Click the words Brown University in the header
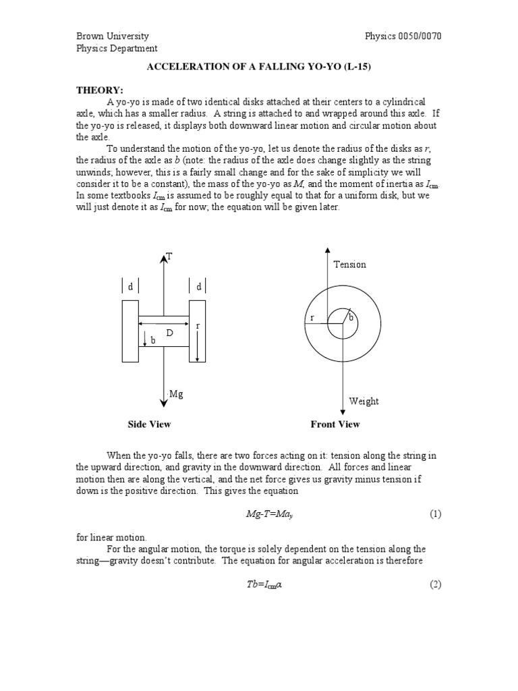(x=113, y=36)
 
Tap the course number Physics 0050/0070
(x=403, y=36)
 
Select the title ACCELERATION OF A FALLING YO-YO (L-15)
(x=259, y=67)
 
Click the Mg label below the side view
(x=176, y=394)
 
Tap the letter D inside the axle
(x=170, y=333)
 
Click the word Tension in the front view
(x=350, y=265)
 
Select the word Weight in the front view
(x=364, y=402)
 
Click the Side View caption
(x=149, y=424)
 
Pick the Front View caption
(x=335, y=424)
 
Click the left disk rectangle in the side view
(x=130, y=331)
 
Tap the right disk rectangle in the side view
(x=198, y=331)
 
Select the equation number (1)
(x=435, y=514)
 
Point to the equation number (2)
(x=435, y=584)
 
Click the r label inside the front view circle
(x=312, y=317)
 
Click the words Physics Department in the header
(x=117, y=49)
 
